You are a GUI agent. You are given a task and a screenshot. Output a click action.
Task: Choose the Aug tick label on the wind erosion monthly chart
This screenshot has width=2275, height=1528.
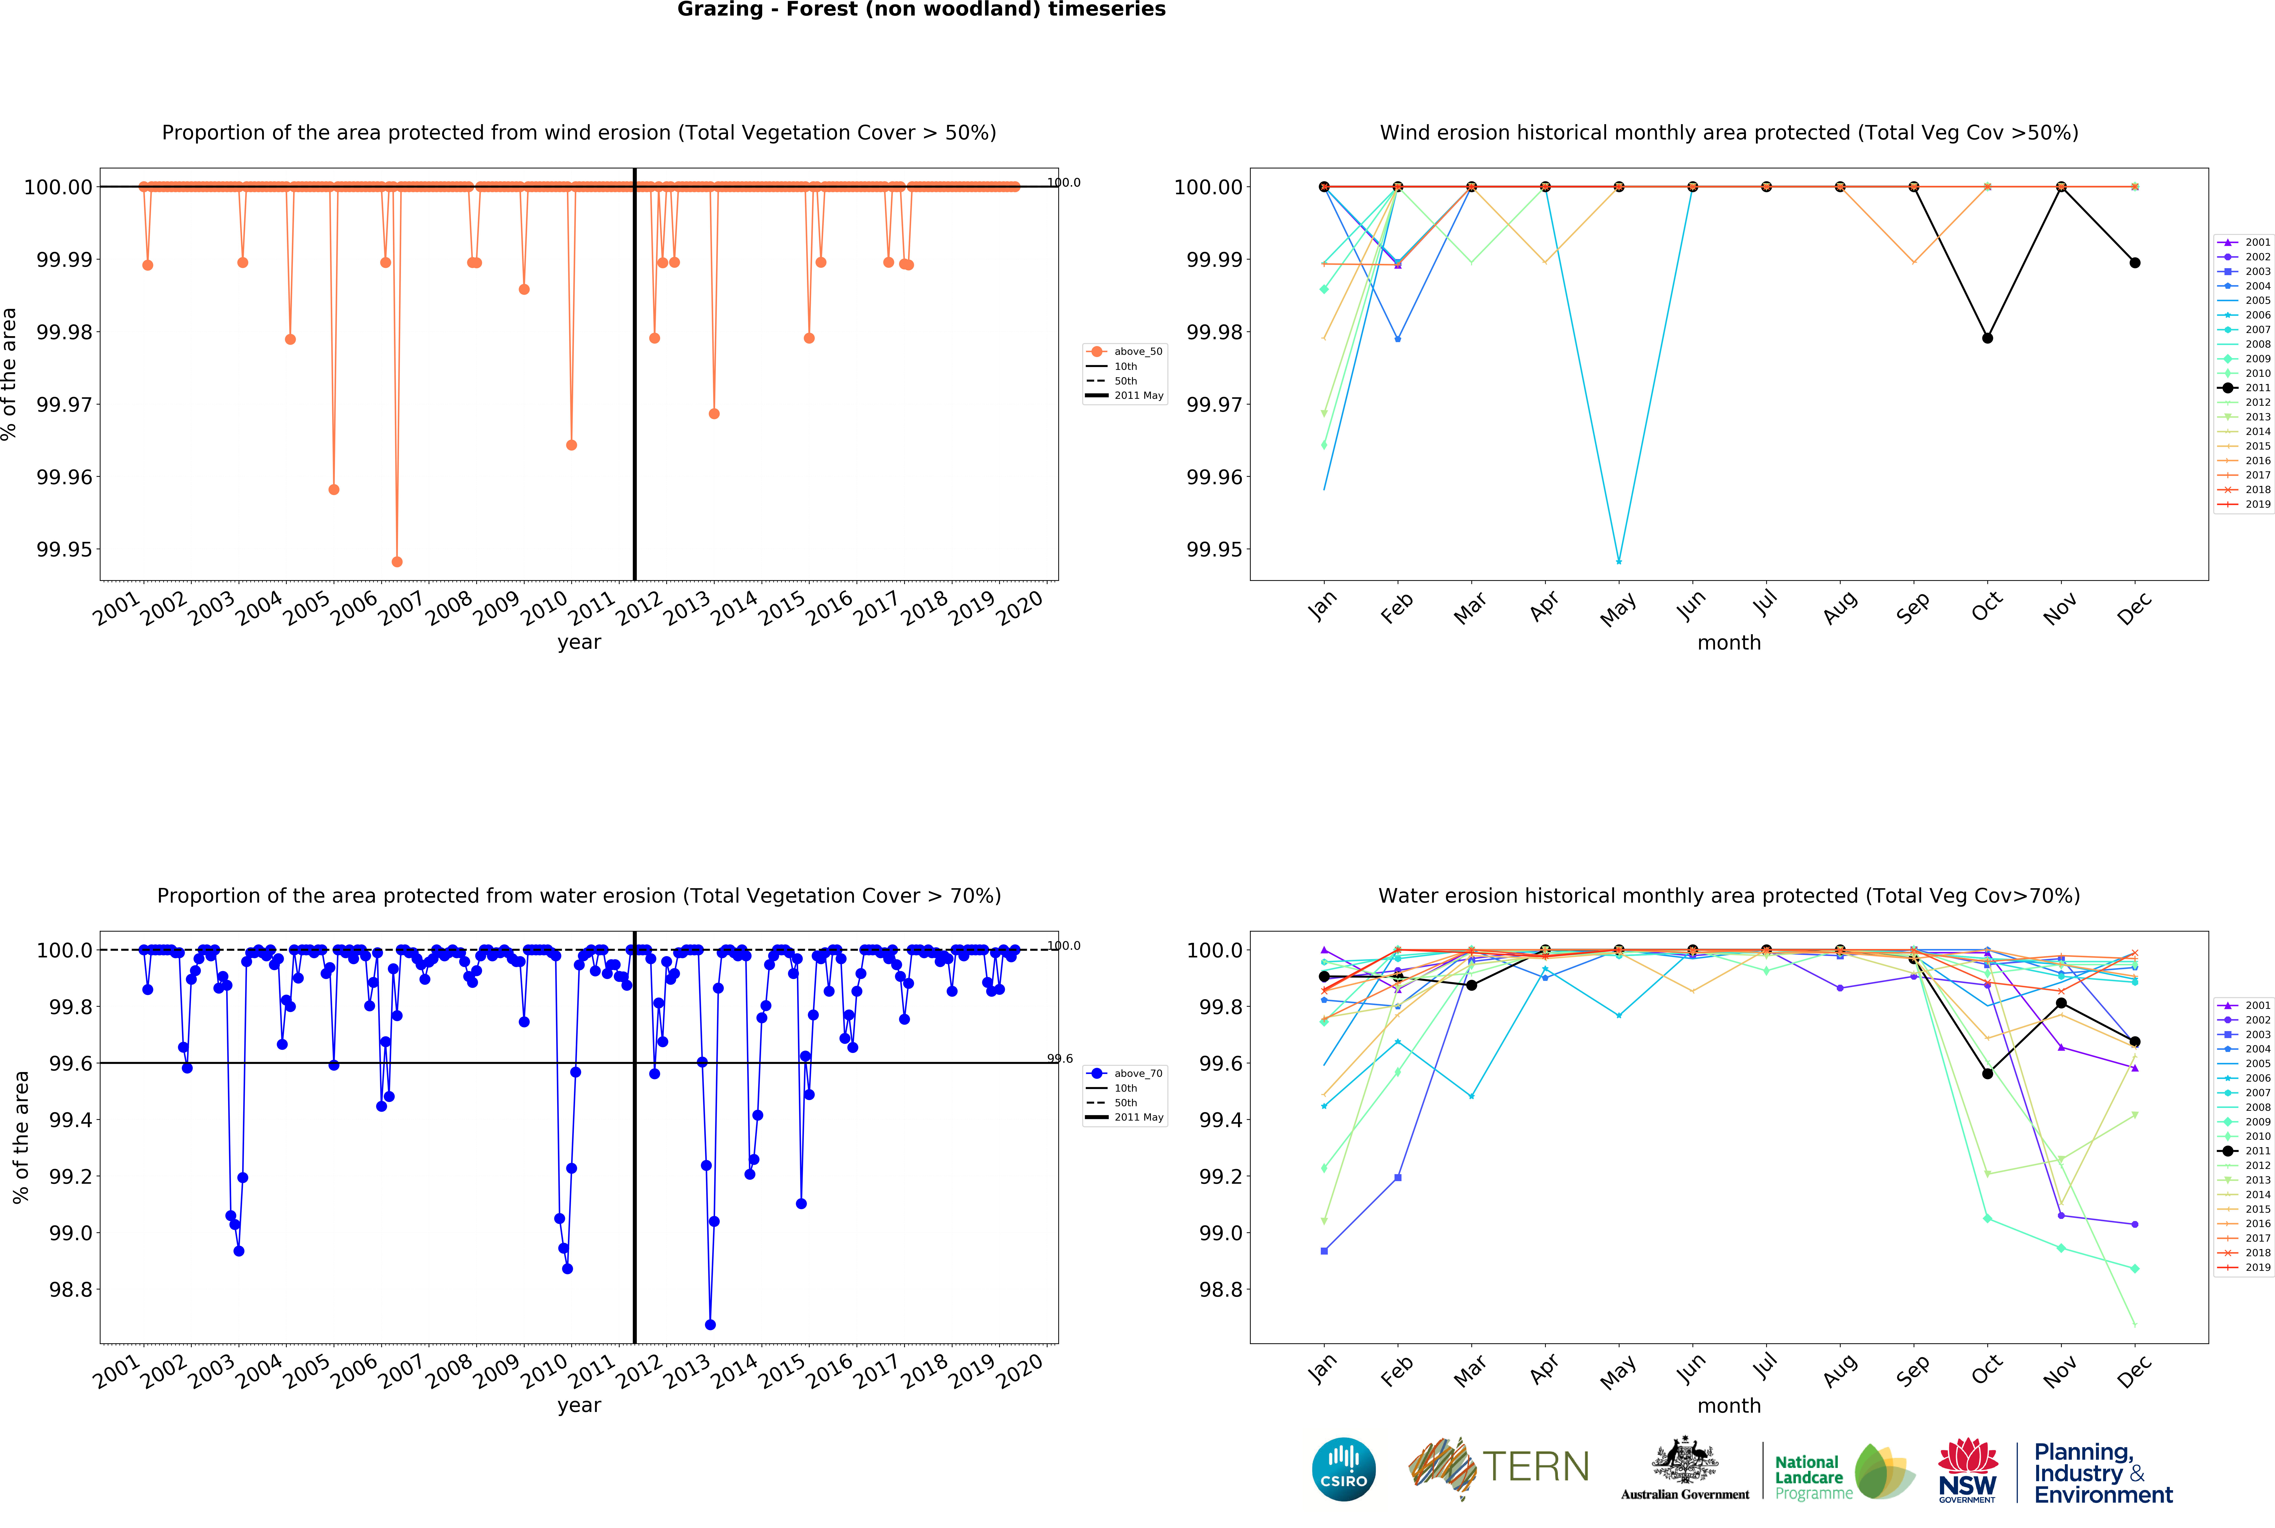1839,608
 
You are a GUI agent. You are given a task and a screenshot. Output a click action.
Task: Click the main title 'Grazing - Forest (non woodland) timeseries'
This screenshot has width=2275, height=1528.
921,10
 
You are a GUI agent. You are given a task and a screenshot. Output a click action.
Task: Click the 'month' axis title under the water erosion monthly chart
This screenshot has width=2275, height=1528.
1728,1405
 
